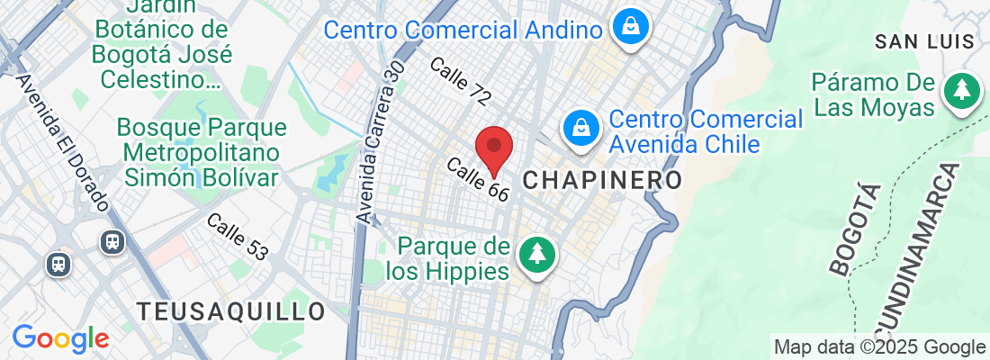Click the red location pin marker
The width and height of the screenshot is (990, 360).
click(493, 149)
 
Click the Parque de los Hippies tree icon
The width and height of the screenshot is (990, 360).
click(537, 254)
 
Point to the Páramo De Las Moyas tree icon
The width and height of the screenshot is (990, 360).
click(962, 90)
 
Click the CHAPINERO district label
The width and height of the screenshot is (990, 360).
click(601, 180)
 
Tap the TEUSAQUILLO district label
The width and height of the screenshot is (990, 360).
click(231, 311)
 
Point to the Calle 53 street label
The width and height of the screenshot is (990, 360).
click(237, 237)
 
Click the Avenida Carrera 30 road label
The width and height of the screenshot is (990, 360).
click(378, 143)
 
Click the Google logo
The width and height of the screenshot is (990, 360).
click(60, 338)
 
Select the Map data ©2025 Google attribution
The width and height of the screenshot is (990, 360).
click(880, 347)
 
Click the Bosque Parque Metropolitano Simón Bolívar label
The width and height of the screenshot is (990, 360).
click(202, 151)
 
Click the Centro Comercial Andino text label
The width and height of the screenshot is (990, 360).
click(463, 30)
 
